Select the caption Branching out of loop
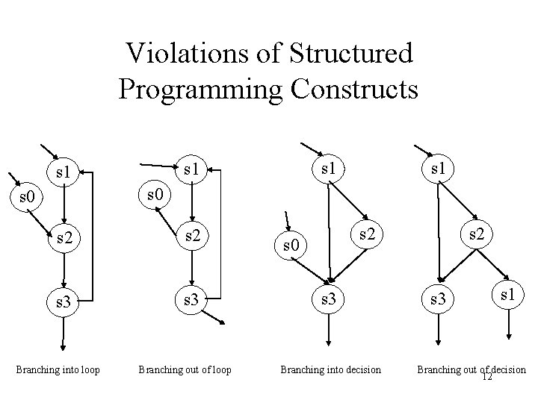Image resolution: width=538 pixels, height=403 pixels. click(x=185, y=369)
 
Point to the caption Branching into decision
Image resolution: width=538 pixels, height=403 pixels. click(x=330, y=369)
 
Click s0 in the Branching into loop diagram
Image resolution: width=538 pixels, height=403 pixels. click(x=27, y=198)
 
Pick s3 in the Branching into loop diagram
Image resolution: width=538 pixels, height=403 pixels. click(x=63, y=302)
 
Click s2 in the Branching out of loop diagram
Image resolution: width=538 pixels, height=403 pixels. click(x=193, y=237)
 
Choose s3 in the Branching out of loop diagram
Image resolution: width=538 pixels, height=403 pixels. click(x=193, y=302)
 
